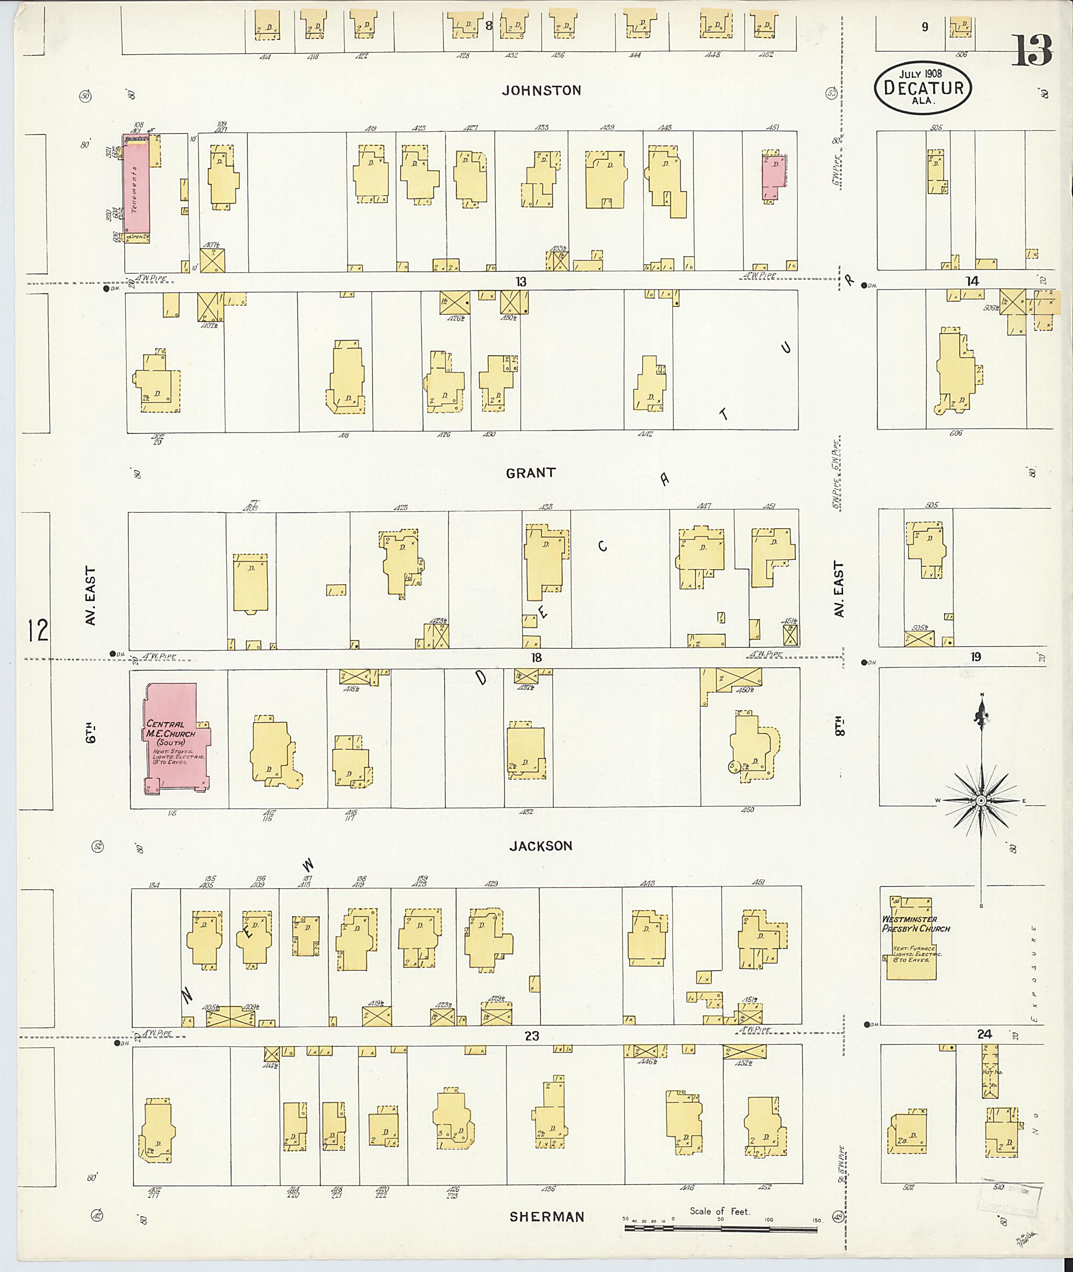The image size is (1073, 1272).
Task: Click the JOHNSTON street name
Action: (541, 91)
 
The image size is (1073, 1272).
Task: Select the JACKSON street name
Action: (541, 846)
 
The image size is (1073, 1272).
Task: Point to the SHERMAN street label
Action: (547, 1216)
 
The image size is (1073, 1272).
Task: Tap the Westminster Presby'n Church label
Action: (915, 924)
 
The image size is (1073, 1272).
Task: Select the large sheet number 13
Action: (1032, 51)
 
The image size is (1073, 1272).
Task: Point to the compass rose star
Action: (981, 801)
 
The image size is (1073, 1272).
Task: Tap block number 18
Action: (536, 657)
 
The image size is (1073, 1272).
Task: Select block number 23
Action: (532, 1035)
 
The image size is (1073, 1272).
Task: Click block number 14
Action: (972, 280)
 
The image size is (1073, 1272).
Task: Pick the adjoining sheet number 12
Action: (38, 631)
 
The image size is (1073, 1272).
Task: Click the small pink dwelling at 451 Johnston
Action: (773, 176)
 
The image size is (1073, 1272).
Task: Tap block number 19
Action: (975, 657)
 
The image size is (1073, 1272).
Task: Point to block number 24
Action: (983, 1034)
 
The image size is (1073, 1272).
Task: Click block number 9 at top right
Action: (925, 27)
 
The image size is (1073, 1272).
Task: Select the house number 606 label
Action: (955, 433)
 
